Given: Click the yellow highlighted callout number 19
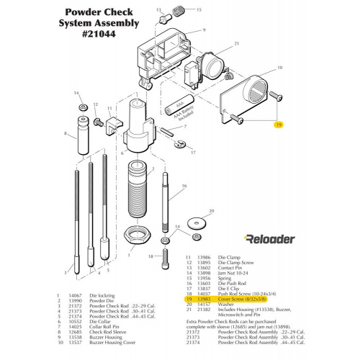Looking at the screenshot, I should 278,125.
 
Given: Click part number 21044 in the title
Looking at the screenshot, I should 104,35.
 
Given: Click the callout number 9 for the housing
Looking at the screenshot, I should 204,30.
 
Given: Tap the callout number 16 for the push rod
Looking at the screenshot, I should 184,186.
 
